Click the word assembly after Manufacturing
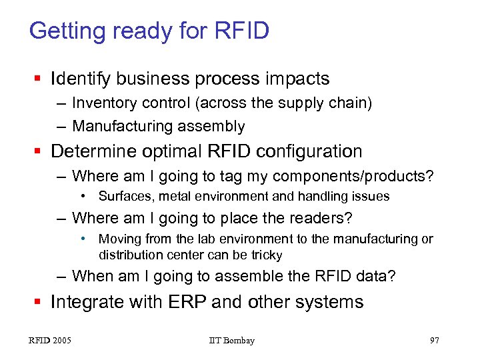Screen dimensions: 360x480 [217, 126]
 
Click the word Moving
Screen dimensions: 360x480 [117, 239]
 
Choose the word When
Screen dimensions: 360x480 [92, 276]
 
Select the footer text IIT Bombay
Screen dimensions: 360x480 [231, 341]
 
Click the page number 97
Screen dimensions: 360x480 [434, 341]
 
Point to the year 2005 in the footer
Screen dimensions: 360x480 [61, 341]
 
